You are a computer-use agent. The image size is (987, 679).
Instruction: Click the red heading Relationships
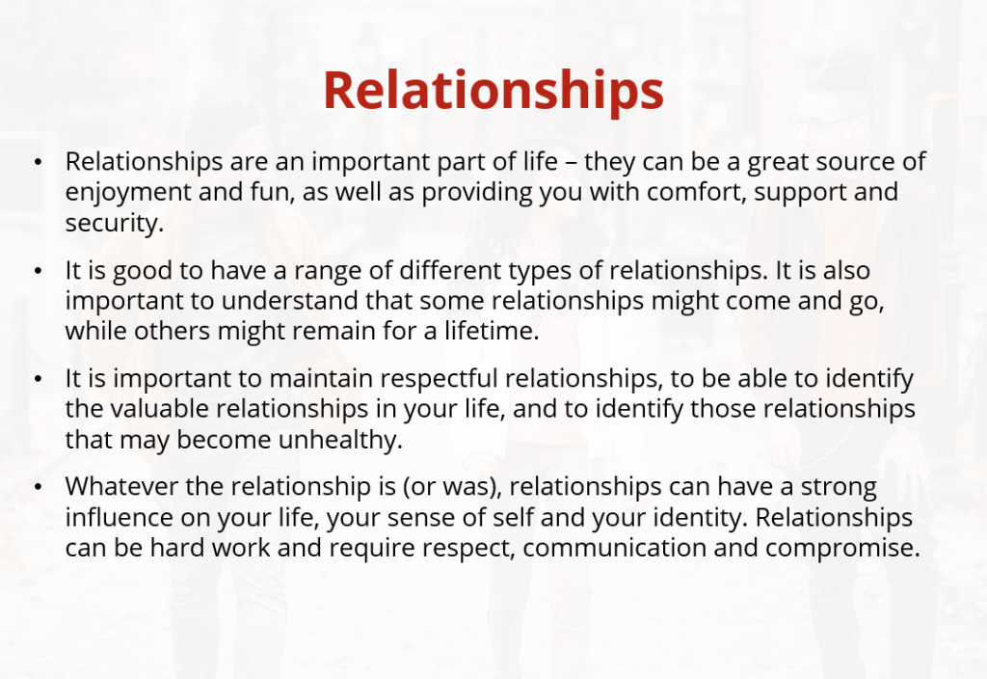pyautogui.click(x=493, y=91)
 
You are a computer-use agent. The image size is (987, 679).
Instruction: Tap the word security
pyautogui.click(x=115, y=223)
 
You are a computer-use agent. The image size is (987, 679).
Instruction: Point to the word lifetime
pyautogui.click(x=492, y=331)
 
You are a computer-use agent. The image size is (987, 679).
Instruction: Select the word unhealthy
pyautogui.click(x=340, y=440)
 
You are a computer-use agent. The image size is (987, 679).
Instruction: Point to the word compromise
pyautogui.click(x=842, y=548)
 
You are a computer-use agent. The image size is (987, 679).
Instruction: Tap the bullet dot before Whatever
pyautogui.click(x=39, y=487)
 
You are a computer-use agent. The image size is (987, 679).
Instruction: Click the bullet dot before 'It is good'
pyautogui.click(x=39, y=271)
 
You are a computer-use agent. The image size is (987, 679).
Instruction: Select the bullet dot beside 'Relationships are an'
pyautogui.click(x=39, y=162)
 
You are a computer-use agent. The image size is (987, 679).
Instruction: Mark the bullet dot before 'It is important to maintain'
pyautogui.click(x=39, y=379)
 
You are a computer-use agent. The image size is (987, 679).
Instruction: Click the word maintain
pyautogui.click(x=321, y=378)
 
